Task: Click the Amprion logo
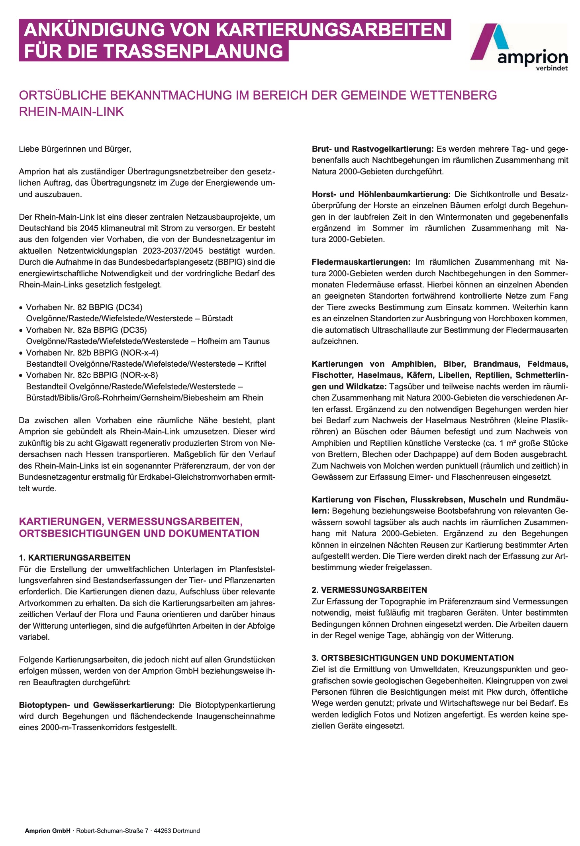(519, 47)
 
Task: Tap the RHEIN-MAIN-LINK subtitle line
(72, 112)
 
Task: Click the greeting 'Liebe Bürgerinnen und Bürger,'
(75, 149)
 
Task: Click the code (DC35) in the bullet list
(133, 330)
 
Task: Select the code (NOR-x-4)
(139, 353)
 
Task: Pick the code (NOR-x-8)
(139, 375)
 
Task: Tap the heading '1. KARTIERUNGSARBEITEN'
(75, 558)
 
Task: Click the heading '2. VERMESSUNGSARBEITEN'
(369, 590)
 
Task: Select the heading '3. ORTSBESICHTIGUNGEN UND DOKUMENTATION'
(413, 658)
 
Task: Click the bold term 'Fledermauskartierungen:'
(361, 262)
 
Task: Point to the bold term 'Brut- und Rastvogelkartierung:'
(372, 149)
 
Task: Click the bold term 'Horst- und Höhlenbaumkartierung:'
(381, 195)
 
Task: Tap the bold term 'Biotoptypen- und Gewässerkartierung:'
(97, 705)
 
